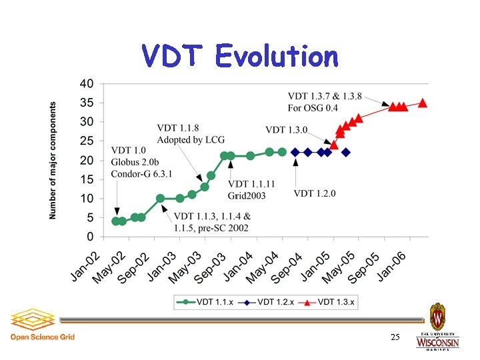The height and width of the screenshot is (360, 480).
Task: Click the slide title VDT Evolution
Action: click(x=239, y=56)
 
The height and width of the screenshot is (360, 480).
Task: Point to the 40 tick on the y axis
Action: click(x=87, y=84)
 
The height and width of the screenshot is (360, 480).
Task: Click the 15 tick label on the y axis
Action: click(x=87, y=179)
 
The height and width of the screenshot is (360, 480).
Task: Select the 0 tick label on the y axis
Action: click(x=90, y=237)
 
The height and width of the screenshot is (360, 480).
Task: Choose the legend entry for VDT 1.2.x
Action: click(x=265, y=302)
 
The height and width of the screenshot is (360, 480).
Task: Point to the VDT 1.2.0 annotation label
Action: click(x=315, y=193)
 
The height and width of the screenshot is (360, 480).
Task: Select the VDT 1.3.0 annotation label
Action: click(x=287, y=130)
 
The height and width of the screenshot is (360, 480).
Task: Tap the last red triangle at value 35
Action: click(x=423, y=103)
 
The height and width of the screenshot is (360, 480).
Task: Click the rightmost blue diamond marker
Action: click(x=346, y=152)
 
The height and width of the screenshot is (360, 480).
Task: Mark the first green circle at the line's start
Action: click(x=115, y=221)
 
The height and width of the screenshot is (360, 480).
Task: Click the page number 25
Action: click(x=395, y=337)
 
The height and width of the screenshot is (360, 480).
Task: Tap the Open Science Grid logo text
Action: click(x=42, y=337)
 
